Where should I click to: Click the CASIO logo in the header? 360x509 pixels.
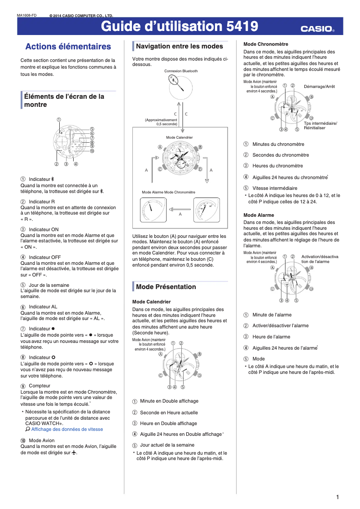point(317,29)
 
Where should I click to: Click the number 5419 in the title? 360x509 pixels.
point(242,27)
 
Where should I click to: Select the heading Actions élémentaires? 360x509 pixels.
point(68,47)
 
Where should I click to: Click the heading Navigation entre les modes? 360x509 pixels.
point(179,46)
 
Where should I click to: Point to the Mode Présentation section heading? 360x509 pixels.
point(166,287)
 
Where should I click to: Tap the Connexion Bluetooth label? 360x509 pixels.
point(180,71)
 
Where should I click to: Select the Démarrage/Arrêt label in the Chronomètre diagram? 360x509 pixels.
point(319,86)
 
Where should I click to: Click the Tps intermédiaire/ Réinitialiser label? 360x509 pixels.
point(320,126)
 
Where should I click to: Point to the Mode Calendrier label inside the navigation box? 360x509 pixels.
point(179,137)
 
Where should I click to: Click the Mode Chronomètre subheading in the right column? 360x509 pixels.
point(266,44)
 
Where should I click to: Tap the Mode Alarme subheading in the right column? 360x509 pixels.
point(259,215)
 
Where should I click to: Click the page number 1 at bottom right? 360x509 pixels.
point(337,497)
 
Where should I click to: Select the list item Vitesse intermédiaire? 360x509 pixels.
point(275,188)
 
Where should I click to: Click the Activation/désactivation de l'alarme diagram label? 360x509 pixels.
point(320,259)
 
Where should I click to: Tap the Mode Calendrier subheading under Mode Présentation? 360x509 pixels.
point(151,302)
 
